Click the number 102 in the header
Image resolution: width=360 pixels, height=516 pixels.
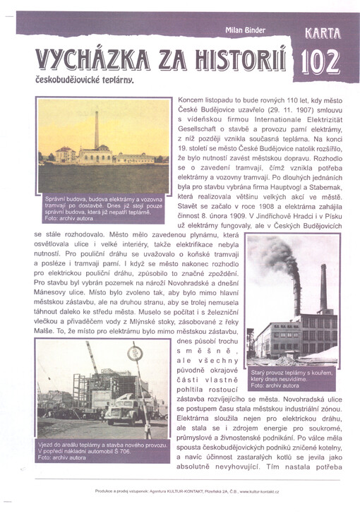pos(322,61)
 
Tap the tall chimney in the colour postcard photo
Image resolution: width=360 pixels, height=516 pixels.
pos(97,130)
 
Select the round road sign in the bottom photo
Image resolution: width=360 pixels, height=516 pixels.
pos(135,352)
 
